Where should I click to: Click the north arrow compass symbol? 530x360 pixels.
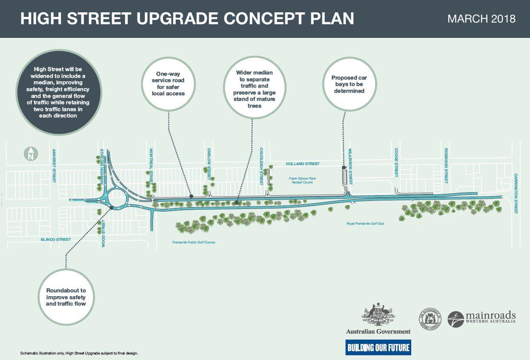tap(30, 154)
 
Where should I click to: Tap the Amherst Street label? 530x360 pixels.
tap(54, 166)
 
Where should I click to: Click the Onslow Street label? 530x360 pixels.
tap(209, 163)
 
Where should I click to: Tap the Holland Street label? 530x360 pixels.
tap(303, 163)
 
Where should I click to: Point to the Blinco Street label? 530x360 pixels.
tap(56, 240)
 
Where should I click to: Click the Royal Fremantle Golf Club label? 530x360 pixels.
tap(365, 223)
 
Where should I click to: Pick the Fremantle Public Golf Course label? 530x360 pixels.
tap(194, 242)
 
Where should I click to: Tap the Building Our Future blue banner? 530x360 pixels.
tap(378, 348)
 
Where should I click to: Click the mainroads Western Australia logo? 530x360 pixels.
tap(482, 317)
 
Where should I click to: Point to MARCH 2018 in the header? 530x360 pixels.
tap(481, 19)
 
